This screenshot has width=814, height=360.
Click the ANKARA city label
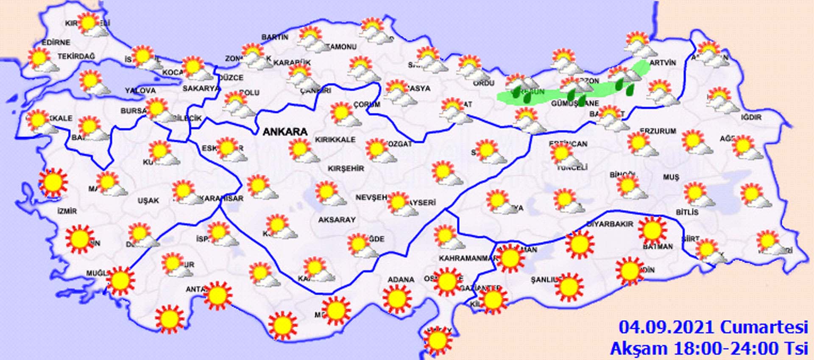click(x=285, y=132)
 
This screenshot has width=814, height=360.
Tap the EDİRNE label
click(x=56, y=42)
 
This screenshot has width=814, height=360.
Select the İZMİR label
click(x=67, y=211)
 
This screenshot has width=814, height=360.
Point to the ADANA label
click(x=401, y=279)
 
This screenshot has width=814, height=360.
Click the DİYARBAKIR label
click(x=610, y=224)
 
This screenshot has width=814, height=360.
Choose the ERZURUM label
click(x=658, y=131)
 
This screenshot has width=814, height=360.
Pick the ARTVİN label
click(x=663, y=63)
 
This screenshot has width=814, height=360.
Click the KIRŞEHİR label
click(x=346, y=168)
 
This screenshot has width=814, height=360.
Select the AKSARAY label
click(x=337, y=220)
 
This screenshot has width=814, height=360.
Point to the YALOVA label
click(x=140, y=90)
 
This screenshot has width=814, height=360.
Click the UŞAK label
click(x=148, y=200)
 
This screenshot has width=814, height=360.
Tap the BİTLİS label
click(x=687, y=212)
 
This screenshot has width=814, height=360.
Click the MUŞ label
click(x=671, y=177)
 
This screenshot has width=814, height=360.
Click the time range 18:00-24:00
click(x=728, y=349)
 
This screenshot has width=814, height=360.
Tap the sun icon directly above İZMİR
click(x=53, y=182)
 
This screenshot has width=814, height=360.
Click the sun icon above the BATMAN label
click(x=652, y=230)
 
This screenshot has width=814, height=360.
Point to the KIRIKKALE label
click(x=335, y=140)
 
